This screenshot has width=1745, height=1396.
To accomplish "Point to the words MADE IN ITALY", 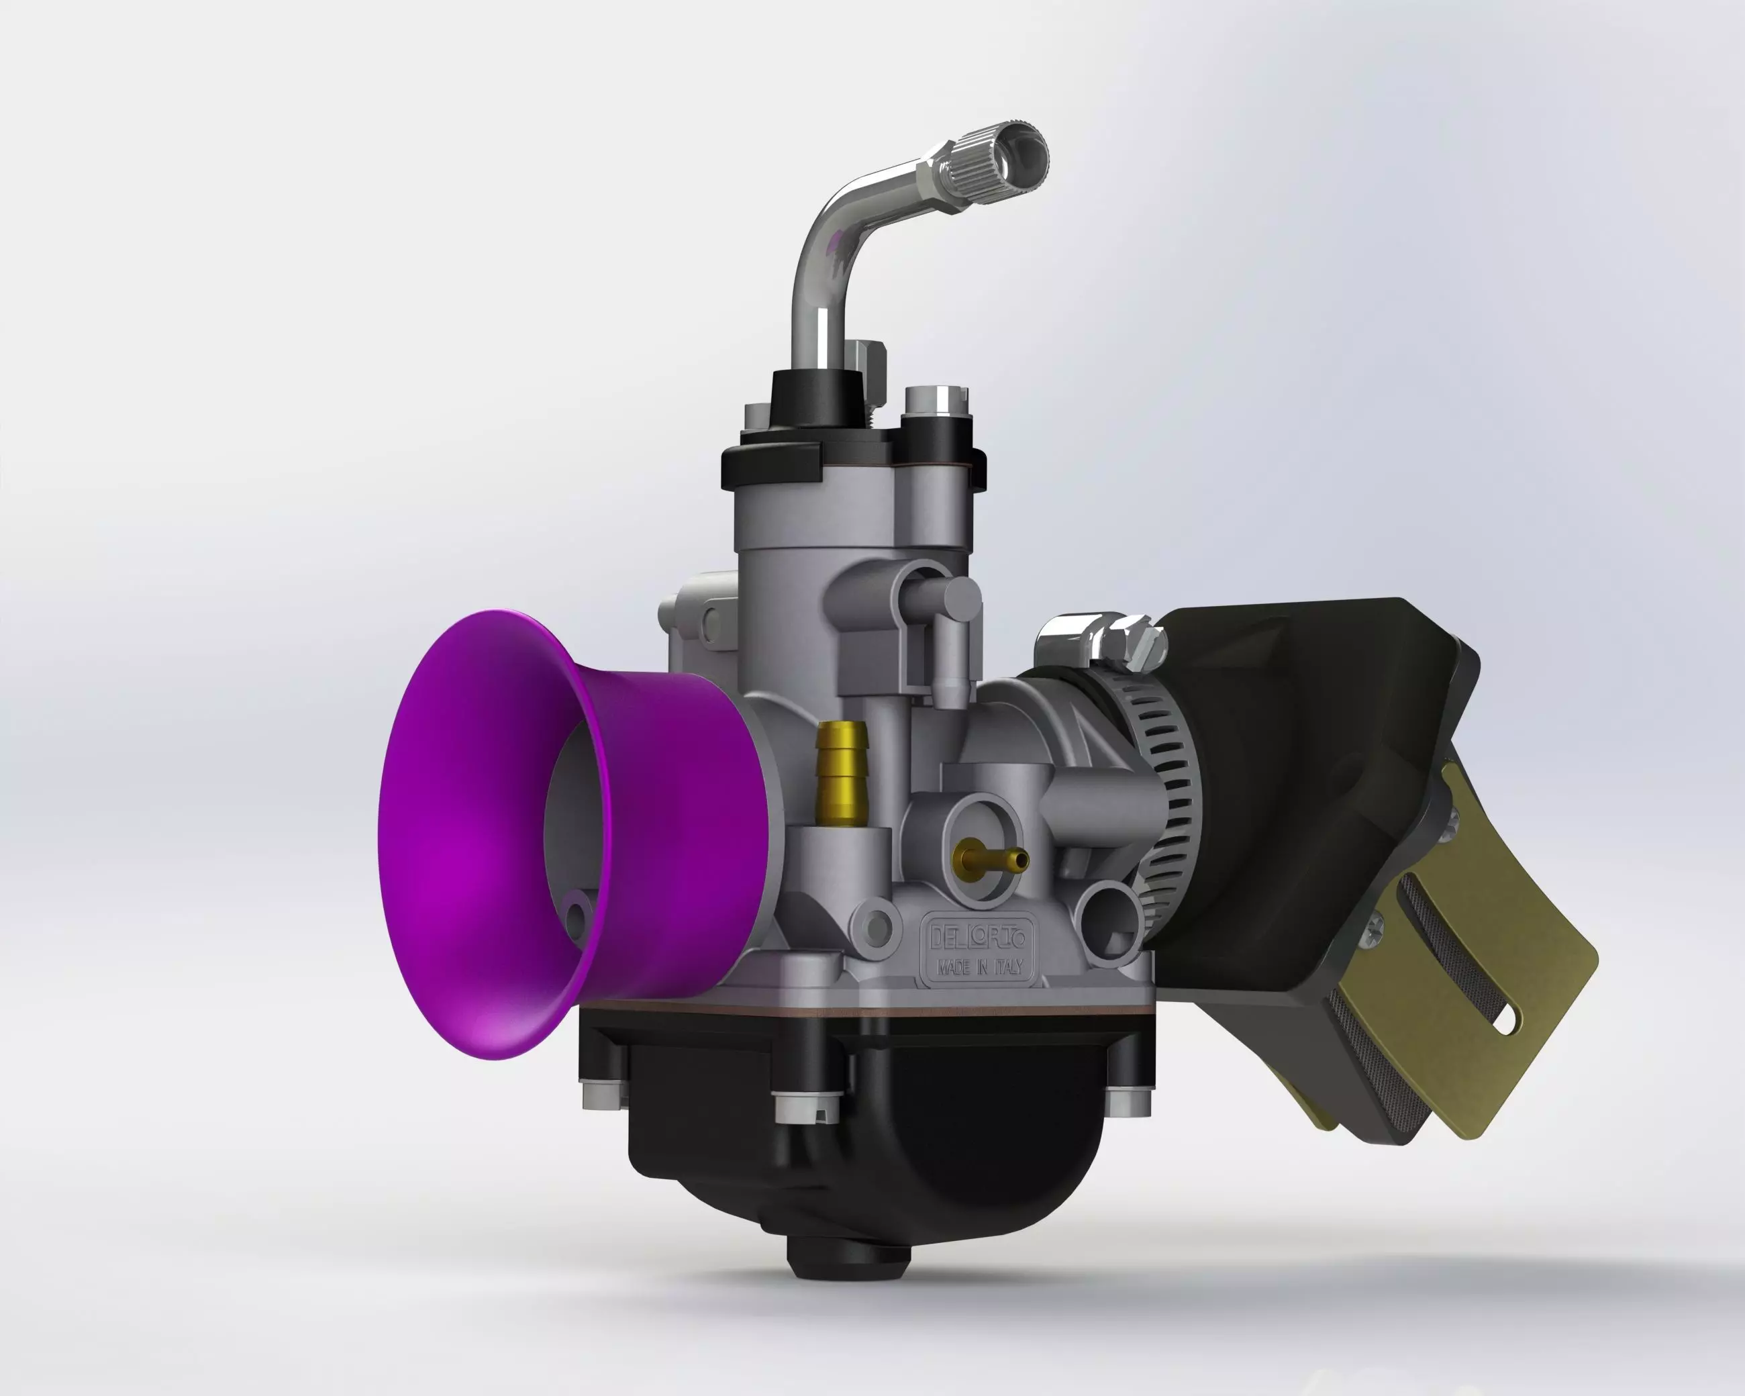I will (x=979, y=967).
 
